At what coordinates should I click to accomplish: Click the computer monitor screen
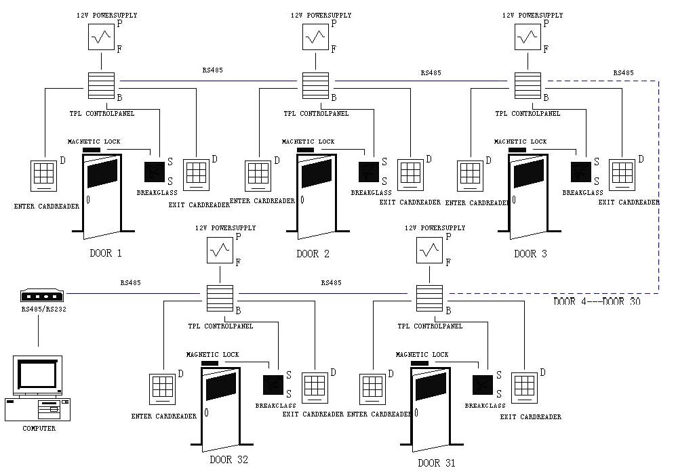pos(38,373)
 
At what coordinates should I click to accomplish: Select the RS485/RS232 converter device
pos(42,295)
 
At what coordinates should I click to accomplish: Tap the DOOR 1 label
pos(105,254)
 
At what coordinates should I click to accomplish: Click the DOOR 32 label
pos(229,460)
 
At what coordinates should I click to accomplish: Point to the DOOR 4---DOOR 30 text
pos(597,301)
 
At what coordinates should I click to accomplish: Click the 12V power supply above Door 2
pos(315,36)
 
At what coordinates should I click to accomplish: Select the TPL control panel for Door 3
pos(527,85)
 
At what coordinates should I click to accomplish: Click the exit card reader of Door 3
pos(622,173)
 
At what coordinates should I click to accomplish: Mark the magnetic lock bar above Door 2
pos(305,150)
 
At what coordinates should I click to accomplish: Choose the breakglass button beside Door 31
pos(482,385)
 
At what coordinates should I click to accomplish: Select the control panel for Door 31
pos(429,298)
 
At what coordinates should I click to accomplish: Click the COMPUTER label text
pos(39,429)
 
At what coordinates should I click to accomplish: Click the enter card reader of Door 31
pos(372,387)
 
